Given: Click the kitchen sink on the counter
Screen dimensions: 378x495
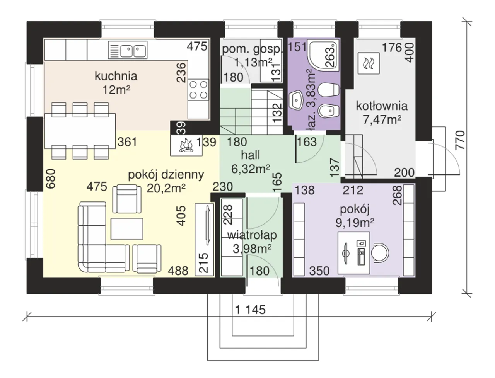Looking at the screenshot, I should [x=132, y=50].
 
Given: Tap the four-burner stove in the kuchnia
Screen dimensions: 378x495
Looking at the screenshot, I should [x=198, y=89].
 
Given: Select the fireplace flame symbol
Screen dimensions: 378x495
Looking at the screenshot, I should [x=186, y=145].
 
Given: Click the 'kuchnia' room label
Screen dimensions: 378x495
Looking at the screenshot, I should [x=116, y=76].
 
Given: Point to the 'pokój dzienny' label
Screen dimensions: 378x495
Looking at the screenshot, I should [x=166, y=175].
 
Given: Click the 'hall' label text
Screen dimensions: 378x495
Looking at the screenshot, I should [x=250, y=155].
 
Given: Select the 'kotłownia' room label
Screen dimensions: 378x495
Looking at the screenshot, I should [x=382, y=106].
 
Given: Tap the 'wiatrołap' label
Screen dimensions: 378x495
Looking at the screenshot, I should [x=252, y=235].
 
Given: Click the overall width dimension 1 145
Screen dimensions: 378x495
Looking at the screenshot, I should [x=250, y=310].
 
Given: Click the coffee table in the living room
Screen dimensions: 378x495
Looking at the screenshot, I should [x=128, y=228].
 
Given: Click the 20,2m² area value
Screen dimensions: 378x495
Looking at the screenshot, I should [x=167, y=188].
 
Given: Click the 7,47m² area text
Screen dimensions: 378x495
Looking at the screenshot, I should [x=382, y=119].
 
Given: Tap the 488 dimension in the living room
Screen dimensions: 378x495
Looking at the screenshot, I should [x=178, y=271].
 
